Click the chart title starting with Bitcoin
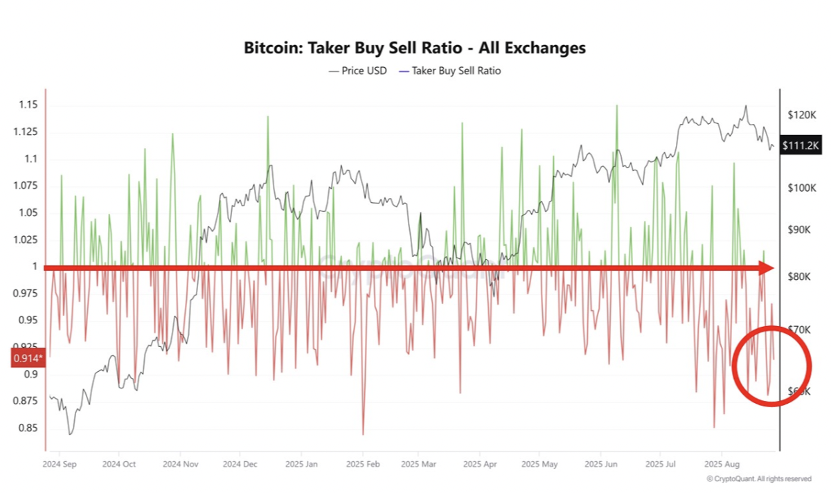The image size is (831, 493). coord(415,48)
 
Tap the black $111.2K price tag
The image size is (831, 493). coord(801,145)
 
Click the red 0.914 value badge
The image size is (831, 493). coord(27,358)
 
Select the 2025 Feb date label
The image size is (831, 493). coord(362,463)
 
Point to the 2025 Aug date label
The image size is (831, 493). coord(722,463)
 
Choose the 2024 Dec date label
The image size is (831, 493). coord(242,463)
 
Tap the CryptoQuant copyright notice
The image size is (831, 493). coord(759,478)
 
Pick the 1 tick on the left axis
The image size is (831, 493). coord(33,267)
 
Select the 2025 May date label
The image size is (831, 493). coord(539,463)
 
